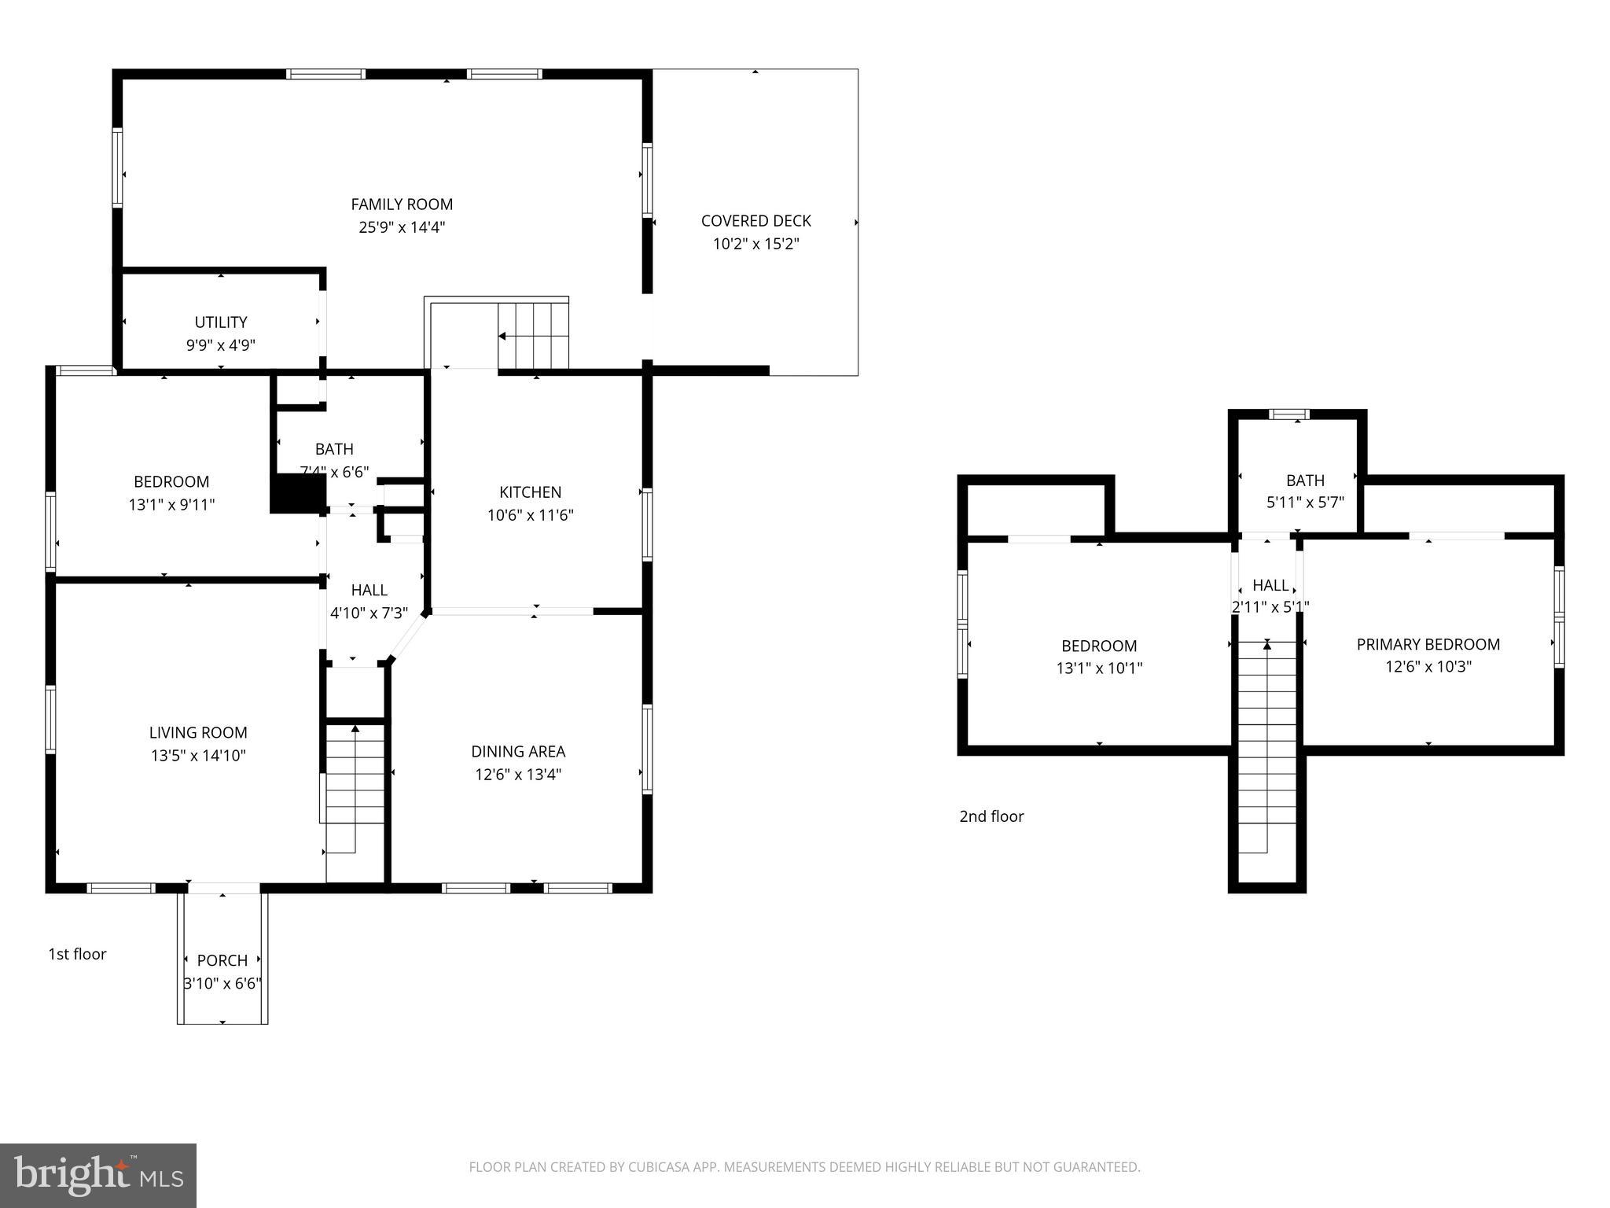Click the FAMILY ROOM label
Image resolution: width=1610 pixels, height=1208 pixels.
pyautogui.click(x=402, y=204)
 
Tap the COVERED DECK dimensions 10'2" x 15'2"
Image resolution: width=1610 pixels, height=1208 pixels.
pyautogui.click(x=755, y=244)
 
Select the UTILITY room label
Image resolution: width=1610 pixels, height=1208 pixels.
pyautogui.click(x=221, y=322)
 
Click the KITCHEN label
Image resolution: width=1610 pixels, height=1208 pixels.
pyautogui.click(x=530, y=492)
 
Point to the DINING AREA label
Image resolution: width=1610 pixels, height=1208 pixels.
pyautogui.click(x=518, y=752)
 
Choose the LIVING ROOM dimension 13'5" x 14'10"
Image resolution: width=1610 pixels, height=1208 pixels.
pyautogui.click(x=198, y=756)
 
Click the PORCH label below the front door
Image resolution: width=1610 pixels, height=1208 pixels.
pyautogui.click(x=222, y=960)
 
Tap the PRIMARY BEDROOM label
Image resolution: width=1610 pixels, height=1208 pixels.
pyautogui.click(x=1428, y=645)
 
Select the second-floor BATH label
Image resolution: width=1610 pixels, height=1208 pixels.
pyautogui.click(x=1305, y=481)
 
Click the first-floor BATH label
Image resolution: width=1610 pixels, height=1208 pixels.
pyautogui.click(x=334, y=449)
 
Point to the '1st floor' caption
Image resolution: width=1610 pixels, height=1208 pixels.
pyautogui.click(x=77, y=954)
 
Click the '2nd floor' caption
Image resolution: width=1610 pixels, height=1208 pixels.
pyautogui.click(x=991, y=816)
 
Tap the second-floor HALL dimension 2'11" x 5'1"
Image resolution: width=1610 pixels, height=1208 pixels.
pyautogui.click(x=1270, y=607)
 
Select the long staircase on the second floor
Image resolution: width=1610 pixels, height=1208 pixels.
pyautogui.click(x=1266, y=747)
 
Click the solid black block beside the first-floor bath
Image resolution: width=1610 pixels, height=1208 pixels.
pyautogui.click(x=298, y=495)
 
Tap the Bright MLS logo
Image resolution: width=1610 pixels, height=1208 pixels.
pyautogui.click(x=98, y=1175)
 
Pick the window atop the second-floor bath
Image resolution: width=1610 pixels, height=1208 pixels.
pyautogui.click(x=1289, y=414)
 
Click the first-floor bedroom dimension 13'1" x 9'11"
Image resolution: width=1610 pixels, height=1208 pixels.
pyautogui.click(x=171, y=505)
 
